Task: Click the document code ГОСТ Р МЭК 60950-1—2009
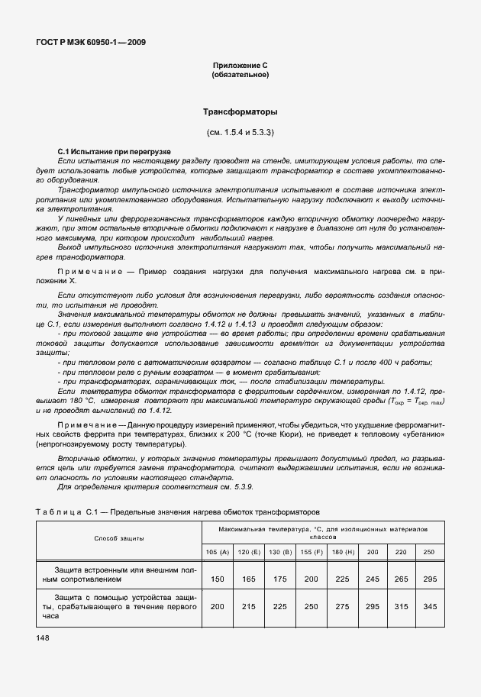(x=91, y=42)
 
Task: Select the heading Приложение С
(x=240, y=66)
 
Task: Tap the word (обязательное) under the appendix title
(x=240, y=76)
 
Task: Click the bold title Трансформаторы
(x=240, y=112)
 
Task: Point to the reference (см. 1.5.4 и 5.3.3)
(x=240, y=133)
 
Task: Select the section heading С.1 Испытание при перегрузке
(x=114, y=152)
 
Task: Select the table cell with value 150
(x=217, y=579)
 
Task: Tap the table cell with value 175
(x=281, y=579)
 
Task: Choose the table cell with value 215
(x=249, y=605)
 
